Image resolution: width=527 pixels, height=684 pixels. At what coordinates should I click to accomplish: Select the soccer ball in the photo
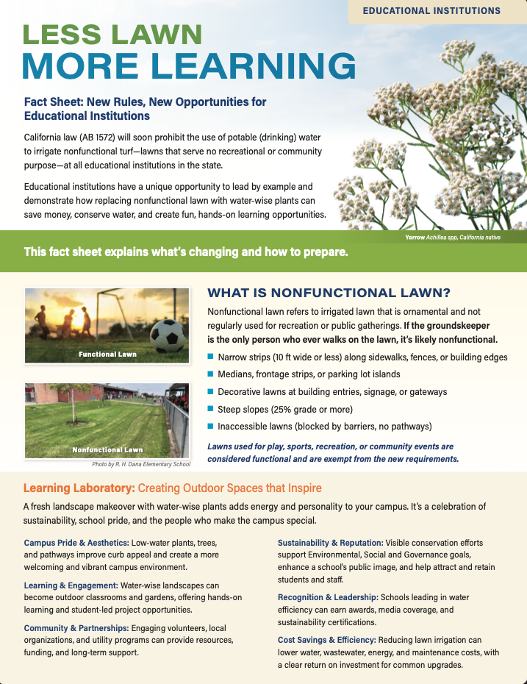(169, 335)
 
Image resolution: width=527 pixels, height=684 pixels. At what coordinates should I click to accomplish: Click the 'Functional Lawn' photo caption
(107, 355)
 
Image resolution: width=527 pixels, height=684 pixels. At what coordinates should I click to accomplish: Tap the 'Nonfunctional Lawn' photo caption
(107, 449)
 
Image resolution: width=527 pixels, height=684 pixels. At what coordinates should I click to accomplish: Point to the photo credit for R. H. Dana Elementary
(141, 465)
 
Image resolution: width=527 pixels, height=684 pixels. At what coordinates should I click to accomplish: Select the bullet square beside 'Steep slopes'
(211, 409)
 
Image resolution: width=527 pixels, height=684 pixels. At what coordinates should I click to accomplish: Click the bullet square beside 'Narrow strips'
(211, 357)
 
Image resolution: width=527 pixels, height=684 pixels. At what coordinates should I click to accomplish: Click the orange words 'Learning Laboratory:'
(79, 488)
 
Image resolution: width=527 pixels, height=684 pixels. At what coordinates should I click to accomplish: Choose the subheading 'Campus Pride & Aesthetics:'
(76, 543)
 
